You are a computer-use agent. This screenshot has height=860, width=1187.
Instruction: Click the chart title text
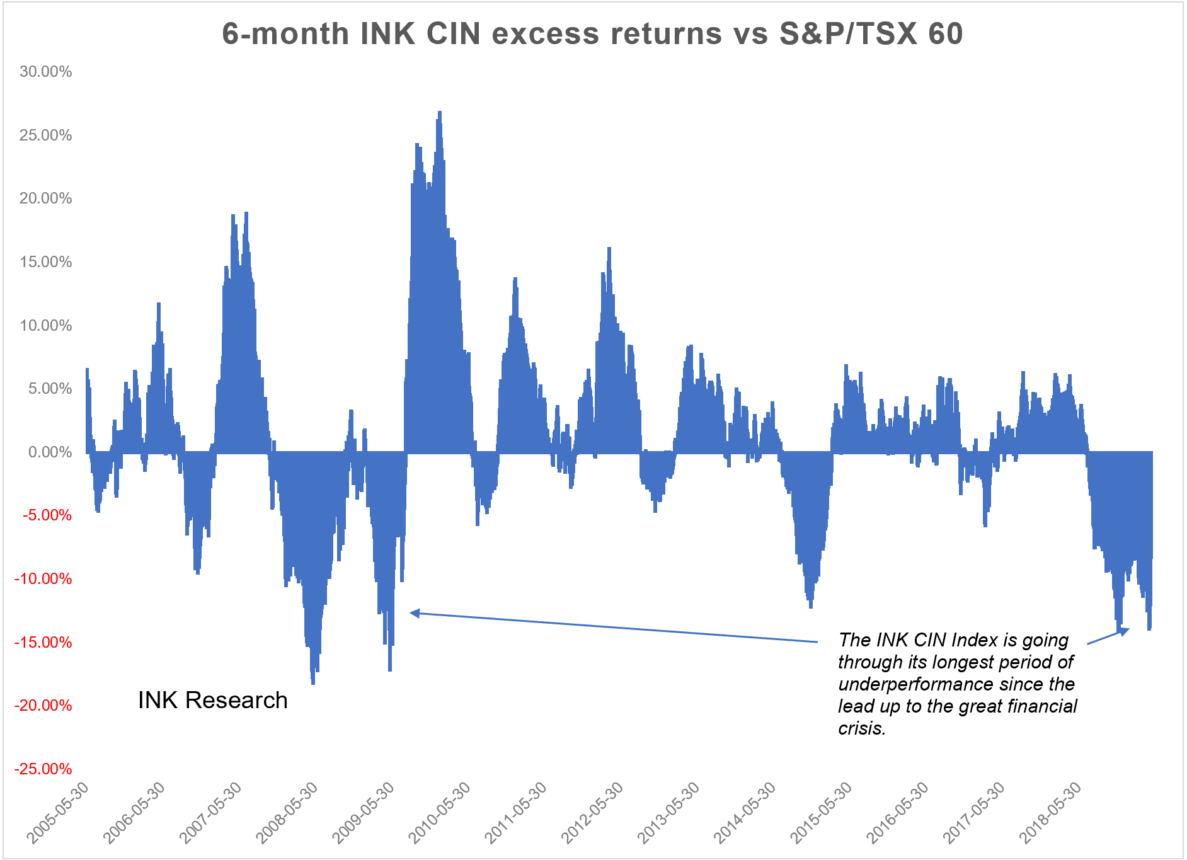[x=592, y=34]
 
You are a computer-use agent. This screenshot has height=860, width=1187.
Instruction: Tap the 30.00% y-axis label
[x=45, y=72]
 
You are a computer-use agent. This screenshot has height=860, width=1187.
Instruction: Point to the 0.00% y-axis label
[x=50, y=452]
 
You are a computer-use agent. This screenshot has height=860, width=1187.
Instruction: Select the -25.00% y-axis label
[x=43, y=769]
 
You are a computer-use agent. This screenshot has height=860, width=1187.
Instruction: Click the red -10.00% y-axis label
[x=43, y=579]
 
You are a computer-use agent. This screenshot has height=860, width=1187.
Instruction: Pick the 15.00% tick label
[x=45, y=262]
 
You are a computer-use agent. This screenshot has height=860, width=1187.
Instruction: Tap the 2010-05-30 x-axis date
[x=440, y=812]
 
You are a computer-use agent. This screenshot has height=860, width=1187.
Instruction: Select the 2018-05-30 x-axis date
[x=1051, y=812]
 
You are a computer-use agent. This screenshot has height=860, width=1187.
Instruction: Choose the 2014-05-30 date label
[x=745, y=812]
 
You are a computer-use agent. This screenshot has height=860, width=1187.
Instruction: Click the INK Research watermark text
[x=212, y=701]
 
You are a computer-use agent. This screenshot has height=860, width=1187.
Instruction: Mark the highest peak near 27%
[x=440, y=113]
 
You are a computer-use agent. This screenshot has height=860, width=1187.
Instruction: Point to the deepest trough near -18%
[x=313, y=683]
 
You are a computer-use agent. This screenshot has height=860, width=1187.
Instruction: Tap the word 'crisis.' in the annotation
[x=862, y=728]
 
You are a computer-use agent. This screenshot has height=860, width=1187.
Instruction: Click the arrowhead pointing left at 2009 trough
[x=414, y=612]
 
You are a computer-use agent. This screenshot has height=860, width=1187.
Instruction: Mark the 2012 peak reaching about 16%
[x=609, y=249]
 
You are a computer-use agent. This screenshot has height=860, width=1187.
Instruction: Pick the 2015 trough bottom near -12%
[x=811, y=606]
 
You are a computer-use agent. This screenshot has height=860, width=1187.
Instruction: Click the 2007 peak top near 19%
[x=246, y=214]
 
